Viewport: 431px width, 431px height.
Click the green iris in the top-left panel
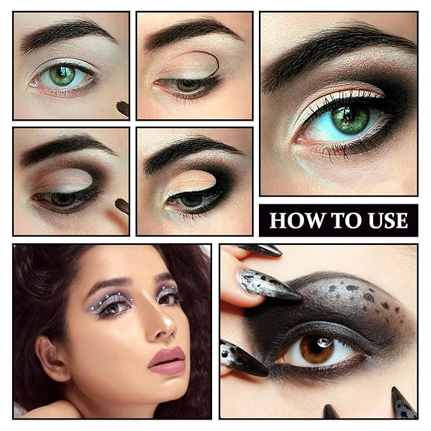(x=62, y=76)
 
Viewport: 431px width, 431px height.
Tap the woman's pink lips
(x=167, y=359)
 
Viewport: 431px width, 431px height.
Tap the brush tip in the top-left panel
(x=123, y=108)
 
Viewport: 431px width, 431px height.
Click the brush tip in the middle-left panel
(x=122, y=206)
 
